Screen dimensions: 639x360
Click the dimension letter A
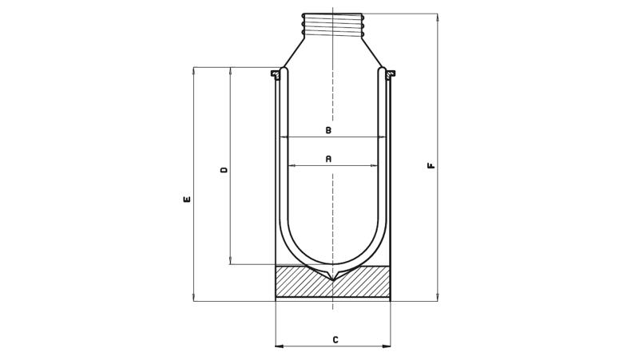tap(328, 159)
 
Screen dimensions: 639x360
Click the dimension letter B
tap(328, 130)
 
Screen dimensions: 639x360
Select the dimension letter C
tap(335, 339)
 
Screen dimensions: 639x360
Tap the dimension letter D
tap(224, 170)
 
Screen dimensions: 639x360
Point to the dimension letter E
tap(187, 200)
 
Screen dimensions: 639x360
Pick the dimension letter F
tap(431, 166)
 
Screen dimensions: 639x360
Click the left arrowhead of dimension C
tap(280, 346)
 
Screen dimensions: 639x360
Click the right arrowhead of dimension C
tap(386, 346)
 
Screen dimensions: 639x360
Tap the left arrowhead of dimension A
tap(292, 166)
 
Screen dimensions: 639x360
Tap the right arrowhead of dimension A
tap(374, 166)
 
